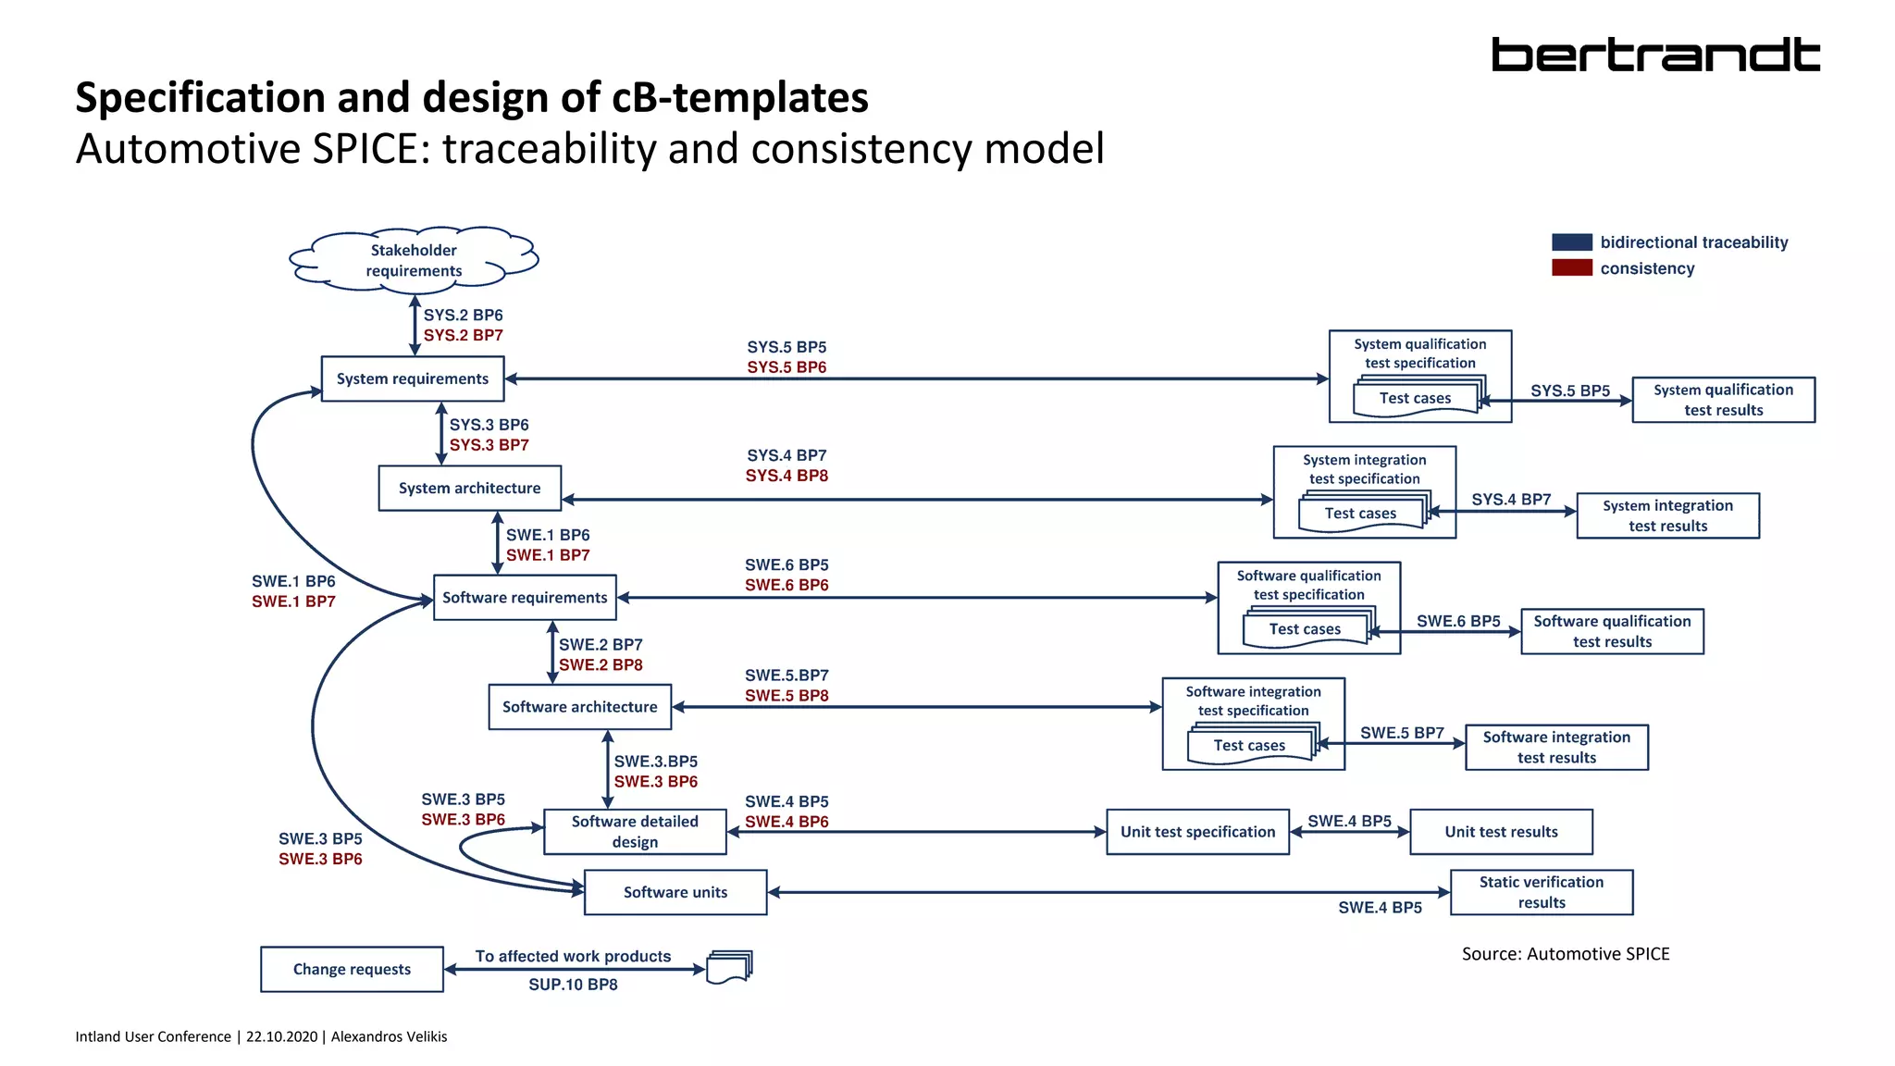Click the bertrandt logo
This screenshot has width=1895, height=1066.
[1654, 55]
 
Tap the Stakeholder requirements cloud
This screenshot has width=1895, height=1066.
[414, 260]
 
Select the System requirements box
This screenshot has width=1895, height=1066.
[413, 378]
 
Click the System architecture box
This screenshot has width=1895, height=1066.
[469, 488]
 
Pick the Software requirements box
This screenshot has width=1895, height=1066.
[525, 597]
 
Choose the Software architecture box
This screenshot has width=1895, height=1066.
[580, 707]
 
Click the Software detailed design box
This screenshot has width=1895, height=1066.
[635, 831]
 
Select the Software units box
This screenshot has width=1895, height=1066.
[675, 892]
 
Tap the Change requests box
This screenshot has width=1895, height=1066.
[352, 969]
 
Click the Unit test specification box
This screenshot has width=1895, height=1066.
[1197, 832]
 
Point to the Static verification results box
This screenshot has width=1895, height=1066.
[1542, 892]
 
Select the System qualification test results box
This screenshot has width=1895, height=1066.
[1723, 400]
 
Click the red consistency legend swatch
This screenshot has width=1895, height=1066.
[1571, 268]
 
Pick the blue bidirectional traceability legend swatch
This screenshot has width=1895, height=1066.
[1571, 242]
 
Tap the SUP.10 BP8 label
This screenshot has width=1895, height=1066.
[573, 985]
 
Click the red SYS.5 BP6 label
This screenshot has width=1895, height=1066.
[786, 367]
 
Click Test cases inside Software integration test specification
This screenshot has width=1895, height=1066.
[1249, 745]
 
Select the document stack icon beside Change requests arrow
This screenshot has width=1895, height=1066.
[729, 966]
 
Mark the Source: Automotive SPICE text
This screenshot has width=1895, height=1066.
[1566, 954]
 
